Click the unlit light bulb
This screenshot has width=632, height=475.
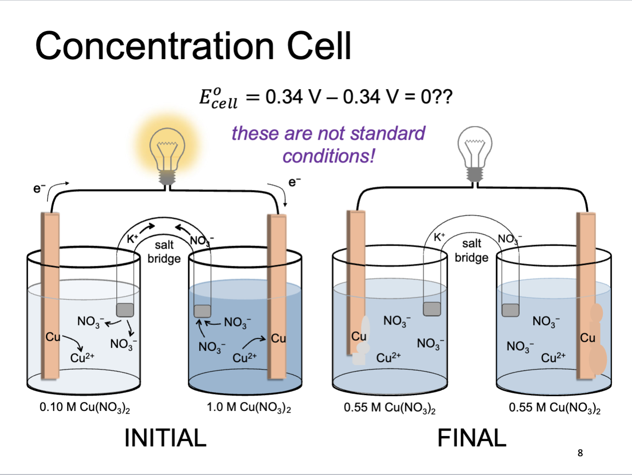[474, 150]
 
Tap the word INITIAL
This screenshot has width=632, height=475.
[165, 438]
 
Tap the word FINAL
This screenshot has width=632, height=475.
[472, 438]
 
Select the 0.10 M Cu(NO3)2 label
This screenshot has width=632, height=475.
[85, 408]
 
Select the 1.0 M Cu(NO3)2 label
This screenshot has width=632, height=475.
[248, 408]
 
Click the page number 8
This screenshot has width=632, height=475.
[580, 453]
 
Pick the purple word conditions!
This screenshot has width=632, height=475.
[328, 156]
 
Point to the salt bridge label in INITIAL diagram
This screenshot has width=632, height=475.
[164, 252]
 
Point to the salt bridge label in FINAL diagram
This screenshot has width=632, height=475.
[471, 251]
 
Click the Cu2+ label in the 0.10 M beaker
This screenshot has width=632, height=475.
[82, 358]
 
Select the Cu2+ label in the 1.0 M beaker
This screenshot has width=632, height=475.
[245, 358]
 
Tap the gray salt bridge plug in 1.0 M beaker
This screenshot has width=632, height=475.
[202, 311]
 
